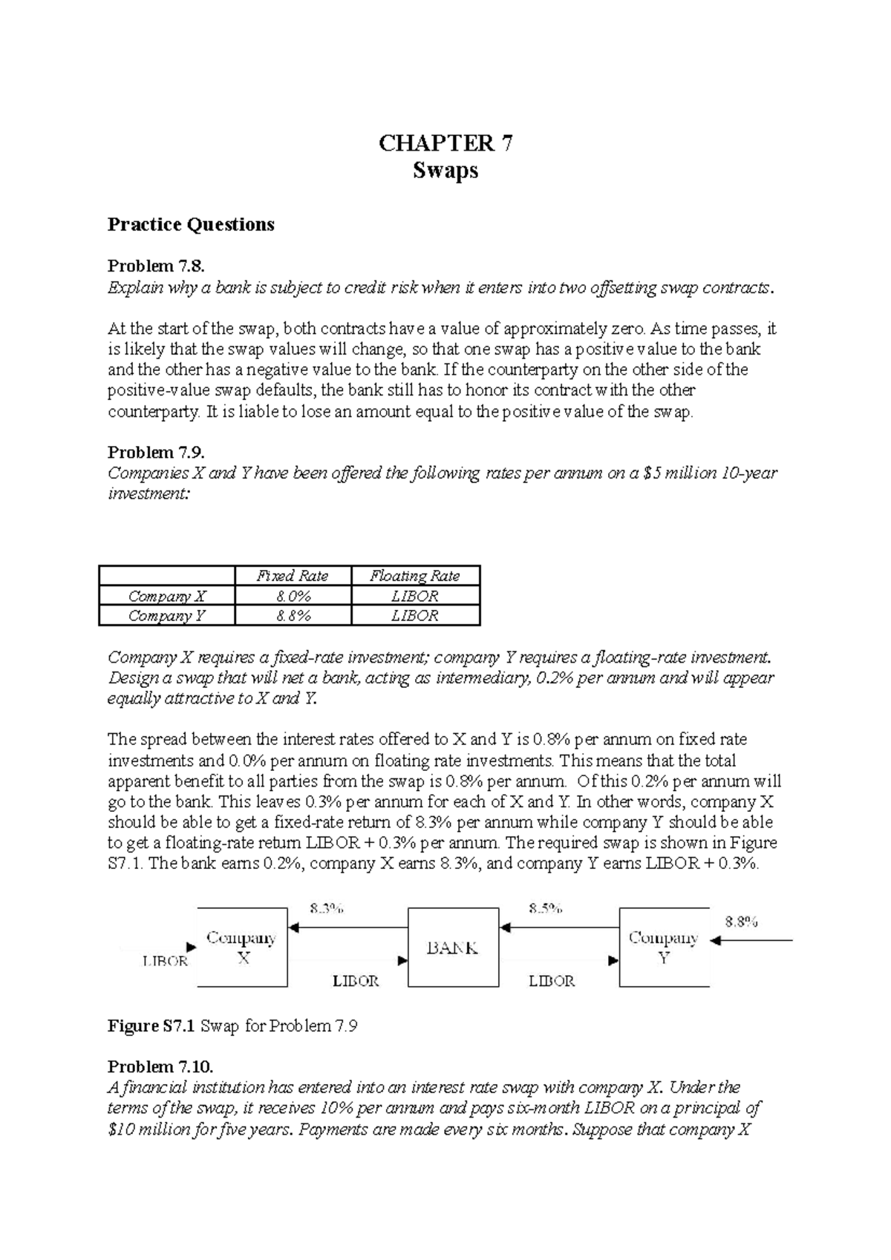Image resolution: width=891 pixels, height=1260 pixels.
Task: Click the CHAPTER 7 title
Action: [x=445, y=143]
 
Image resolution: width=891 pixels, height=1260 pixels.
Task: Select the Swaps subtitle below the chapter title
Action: [x=445, y=171]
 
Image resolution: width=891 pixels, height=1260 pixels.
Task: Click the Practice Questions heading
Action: [x=191, y=224]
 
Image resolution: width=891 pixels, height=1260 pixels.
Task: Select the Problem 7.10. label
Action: [x=160, y=1066]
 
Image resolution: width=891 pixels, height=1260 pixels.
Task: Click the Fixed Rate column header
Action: [x=293, y=576]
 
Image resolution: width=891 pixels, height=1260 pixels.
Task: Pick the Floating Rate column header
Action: [x=415, y=576]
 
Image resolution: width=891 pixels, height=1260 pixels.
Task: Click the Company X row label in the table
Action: [x=167, y=596]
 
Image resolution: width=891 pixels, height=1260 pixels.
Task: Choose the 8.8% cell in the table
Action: [x=293, y=615]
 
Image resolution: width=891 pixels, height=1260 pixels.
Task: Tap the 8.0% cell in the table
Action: [x=293, y=596]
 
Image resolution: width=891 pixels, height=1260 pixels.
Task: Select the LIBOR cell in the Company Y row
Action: [x=415, y=615]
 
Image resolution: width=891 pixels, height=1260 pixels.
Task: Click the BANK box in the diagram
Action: [x=452, y=947]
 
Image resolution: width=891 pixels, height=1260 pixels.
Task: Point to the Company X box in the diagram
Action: [x=242, y=947]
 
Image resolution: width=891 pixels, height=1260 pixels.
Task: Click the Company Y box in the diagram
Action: [x=664, y=947]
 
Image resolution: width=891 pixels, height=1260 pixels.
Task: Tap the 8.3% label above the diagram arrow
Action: [x=327, y=908]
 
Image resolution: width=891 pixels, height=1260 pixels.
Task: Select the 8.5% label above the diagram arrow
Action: [x=545, y=908]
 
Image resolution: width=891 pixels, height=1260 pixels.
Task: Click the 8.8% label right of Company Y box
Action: [x=741, y=922]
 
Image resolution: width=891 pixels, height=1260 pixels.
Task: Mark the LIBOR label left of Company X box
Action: [x=165, y=961]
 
